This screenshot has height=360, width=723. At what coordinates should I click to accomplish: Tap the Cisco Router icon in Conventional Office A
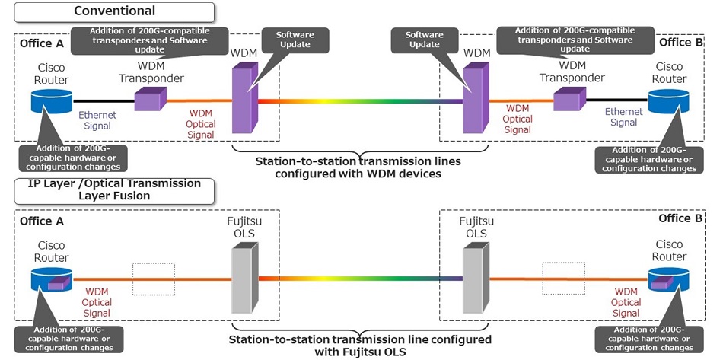[x=51, y=100]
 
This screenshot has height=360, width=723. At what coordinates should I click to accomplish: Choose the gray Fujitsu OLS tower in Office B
[x=475, y=280]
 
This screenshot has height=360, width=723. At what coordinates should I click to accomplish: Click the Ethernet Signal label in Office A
[x=96, y=120]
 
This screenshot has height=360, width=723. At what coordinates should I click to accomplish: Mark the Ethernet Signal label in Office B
[x=624, y=116]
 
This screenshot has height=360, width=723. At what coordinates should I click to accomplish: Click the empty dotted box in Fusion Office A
[x=153, y=279]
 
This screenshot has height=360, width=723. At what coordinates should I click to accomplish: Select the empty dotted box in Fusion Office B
[x=564, y=279]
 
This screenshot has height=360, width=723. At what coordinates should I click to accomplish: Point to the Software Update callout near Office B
[x=425, y=40]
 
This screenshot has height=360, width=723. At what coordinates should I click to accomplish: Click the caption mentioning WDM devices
[x=358, y=167]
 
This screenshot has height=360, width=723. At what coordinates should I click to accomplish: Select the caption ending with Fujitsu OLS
[x=358, y=345]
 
